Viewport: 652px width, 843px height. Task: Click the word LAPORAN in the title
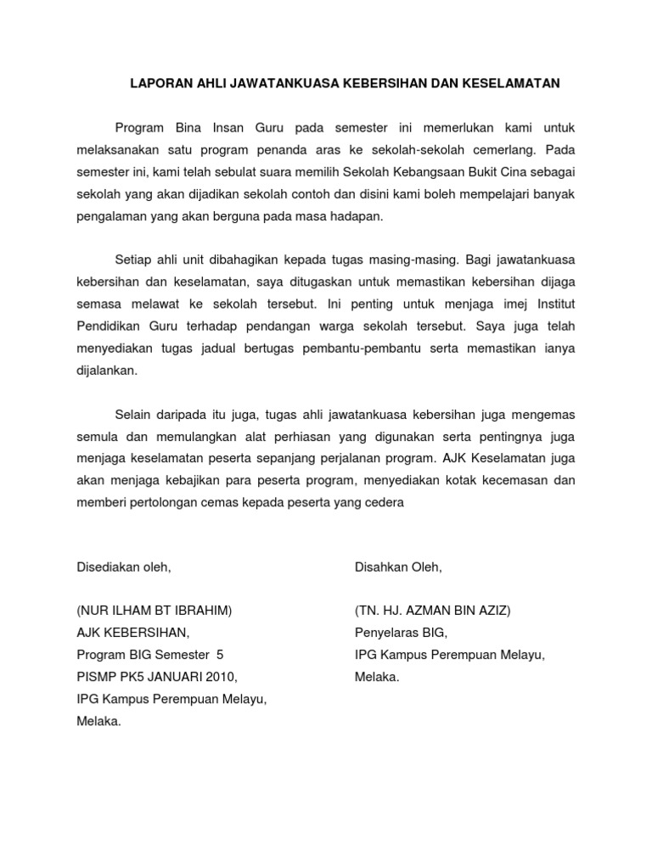pyautogui.click(x=156, y=84)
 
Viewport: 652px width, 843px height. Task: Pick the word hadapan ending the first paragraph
pyautogui.click(x=354, y=216)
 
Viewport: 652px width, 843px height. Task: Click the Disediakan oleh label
pyautogui.click(x=124, y=567)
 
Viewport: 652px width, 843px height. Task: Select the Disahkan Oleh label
pyautogui.click(x=398, y=567)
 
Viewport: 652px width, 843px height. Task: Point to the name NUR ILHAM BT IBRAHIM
pyautogui.click(x=155, y=611)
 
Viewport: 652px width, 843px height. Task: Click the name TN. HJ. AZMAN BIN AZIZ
pyautogui.click(x=433, y=611)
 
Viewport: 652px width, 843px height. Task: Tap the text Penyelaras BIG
pyautogui.click(x=400, y=634)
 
